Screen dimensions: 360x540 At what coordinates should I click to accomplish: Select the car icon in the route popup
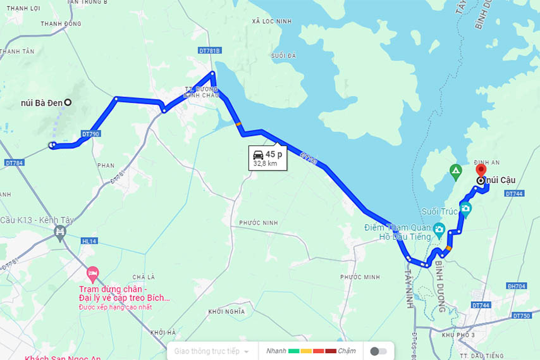click(x=258, y=154)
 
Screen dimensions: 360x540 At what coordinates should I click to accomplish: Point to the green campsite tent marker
click(x=455, y=170)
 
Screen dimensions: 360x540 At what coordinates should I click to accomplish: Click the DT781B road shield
click(x=210, y=51)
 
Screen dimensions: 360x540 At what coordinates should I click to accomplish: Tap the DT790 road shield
click(x=90, y=134)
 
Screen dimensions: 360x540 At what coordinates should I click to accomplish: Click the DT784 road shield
click(x=13, y=163)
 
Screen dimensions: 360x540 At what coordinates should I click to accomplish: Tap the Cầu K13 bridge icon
click(x=61, y=232)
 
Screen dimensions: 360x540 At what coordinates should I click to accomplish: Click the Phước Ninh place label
click(x=259, y=223)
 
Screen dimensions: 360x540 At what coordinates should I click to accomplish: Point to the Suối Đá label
click(x=283, y=56)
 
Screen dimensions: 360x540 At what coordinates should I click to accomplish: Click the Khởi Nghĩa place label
click(x=226, y=311)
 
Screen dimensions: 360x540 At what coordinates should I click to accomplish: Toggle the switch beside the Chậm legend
click(x=378, y=351)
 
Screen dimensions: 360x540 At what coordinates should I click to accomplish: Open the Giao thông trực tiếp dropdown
click(x=212, y=351)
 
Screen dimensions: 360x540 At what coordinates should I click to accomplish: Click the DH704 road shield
click(x=516, y=286)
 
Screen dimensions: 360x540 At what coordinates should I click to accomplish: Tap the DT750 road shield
click(x=522, y=315)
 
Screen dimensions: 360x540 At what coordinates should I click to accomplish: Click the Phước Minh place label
click(x=360, y=277)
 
